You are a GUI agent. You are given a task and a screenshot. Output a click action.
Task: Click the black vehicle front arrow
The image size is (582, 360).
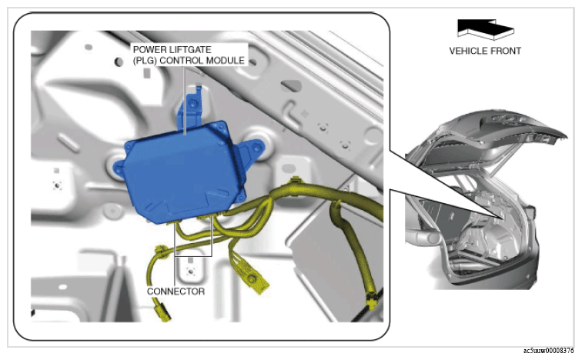[485, 28]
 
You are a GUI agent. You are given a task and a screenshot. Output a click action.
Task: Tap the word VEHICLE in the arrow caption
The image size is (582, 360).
[467, 51]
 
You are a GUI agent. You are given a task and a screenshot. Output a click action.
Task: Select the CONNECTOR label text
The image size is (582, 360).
[176, 292]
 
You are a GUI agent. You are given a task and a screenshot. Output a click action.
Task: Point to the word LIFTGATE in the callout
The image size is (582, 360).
[191, 50]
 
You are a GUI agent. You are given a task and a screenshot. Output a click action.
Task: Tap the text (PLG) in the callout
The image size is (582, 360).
[145, 61]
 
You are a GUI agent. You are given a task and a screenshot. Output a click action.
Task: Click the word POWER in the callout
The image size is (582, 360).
[150, 50]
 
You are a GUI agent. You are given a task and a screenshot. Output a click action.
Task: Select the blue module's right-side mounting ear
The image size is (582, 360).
[253, 152]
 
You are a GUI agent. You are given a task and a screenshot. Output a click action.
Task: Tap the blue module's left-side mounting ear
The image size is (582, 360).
[119, 168]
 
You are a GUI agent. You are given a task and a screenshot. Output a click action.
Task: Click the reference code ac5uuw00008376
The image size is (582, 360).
[549, 351]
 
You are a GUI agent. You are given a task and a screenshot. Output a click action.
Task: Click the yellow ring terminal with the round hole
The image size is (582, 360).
[253, 280]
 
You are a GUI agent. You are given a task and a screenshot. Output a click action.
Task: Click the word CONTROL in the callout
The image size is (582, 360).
[182, 61]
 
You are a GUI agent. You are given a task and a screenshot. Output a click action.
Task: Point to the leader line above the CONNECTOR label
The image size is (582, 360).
[175, 271]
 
